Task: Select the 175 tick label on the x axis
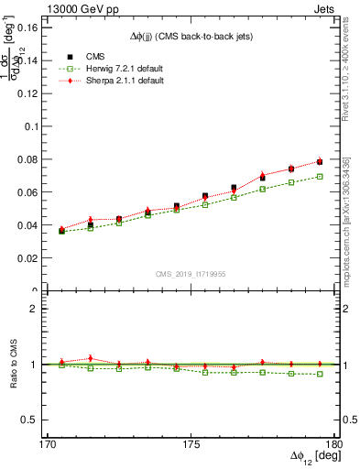pos(191,442)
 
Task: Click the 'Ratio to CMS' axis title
pos(13,364)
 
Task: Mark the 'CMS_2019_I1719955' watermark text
pos(190,273)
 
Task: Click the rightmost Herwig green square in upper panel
pos(320,177)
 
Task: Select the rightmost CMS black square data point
pos(320,162)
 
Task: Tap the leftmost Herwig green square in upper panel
pos(62,231)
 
